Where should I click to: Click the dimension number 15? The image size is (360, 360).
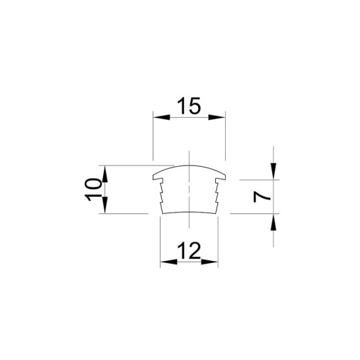189,106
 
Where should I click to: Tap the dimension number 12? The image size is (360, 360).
189,251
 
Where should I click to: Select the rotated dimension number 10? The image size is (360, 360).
93,190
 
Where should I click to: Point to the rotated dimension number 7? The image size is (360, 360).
262,197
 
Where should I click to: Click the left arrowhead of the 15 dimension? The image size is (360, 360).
161,117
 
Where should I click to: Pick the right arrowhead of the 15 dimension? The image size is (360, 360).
217,117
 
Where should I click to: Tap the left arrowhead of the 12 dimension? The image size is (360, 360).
169,262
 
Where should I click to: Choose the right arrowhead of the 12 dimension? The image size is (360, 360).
210,262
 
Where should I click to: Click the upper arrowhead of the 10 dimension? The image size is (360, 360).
105,174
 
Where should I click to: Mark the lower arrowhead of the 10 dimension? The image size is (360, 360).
105,205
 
